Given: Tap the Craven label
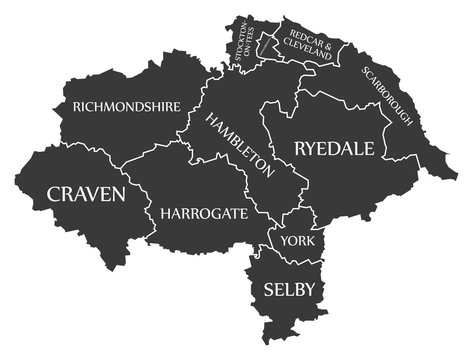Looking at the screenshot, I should (86, 193).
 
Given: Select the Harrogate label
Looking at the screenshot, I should (203, 213).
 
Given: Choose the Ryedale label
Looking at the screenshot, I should (334, 149).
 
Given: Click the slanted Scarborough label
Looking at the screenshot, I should (387, 96).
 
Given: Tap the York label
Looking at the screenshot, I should (296, 241).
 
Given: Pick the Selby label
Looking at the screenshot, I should (290, 289).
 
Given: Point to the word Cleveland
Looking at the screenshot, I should (308, 47).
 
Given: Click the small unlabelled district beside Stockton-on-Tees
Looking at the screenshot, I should (268, 42).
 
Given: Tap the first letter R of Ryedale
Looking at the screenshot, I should (300, 149).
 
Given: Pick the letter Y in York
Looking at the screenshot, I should (285, 241).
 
